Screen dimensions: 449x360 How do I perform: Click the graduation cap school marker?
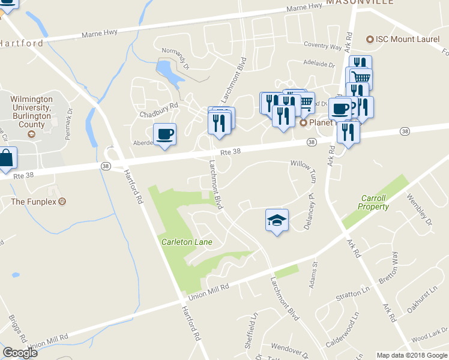[x=277, y=220]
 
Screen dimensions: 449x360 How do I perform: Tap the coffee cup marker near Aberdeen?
[x=164, y=134]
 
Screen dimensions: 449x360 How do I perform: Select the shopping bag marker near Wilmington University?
[x=6, y=159]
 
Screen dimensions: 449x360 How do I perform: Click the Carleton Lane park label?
[x=187, y=242]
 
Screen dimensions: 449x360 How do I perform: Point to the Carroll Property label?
[x=375, y=202]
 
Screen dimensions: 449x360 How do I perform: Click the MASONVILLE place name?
[x=360, y=2]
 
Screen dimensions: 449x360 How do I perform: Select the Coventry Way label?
[x=322, y=46]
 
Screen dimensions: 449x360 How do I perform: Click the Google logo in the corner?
[x=20, y=353]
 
